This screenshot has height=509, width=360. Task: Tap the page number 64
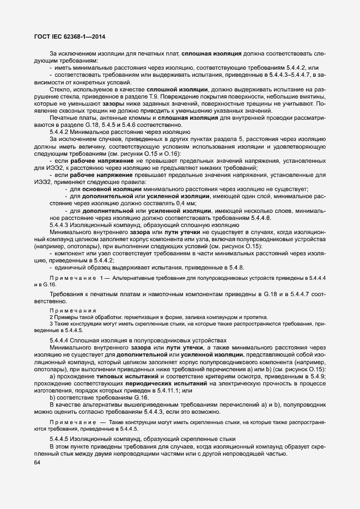pyautogui.click(x=38, y=463)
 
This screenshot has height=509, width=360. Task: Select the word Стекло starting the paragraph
pyautogui.click(x=60, y=88)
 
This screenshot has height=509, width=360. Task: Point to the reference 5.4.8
pyautogui.click(x=236, y=267)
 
